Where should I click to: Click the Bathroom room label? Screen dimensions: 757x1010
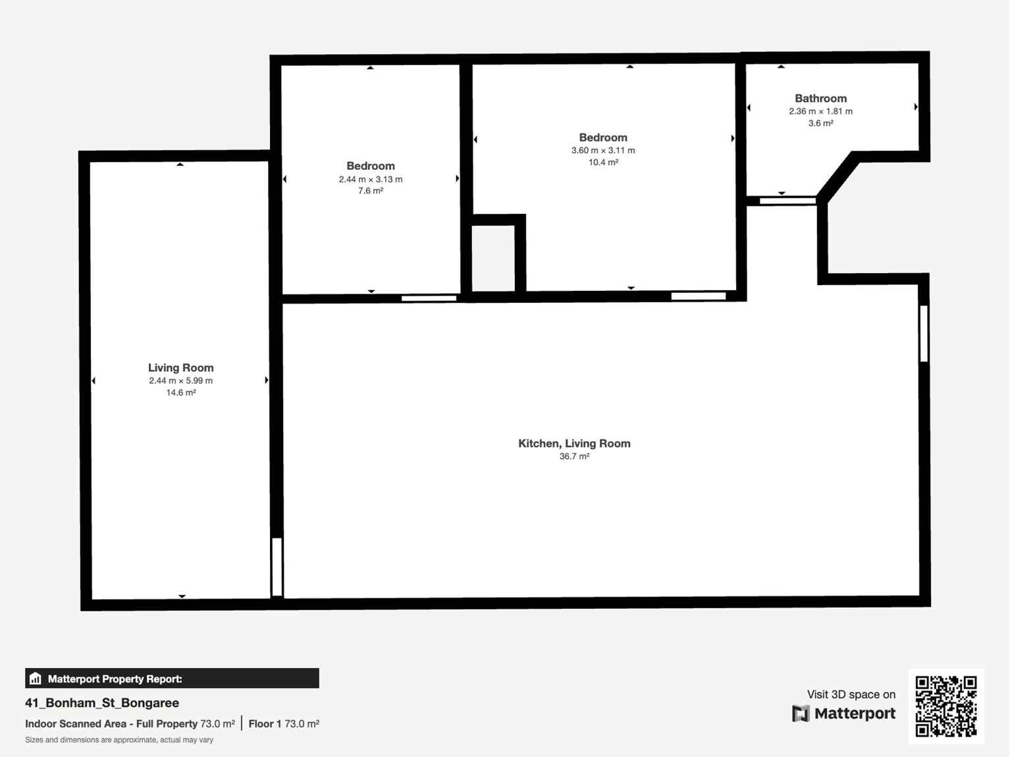click(820, 98)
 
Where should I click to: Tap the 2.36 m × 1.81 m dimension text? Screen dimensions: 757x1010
click(820, 111)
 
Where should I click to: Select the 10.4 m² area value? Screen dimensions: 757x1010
click(603, 162)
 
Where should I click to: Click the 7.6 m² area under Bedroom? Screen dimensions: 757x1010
click(371, 191)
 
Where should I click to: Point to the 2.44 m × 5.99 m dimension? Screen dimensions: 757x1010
click(180, 380)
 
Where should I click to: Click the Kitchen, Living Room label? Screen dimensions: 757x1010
click(574, 444)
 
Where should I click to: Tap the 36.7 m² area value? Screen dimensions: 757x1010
click(574, 456)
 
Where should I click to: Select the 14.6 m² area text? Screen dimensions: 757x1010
click(180, 392)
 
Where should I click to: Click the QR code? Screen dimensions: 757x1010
click(946, 706)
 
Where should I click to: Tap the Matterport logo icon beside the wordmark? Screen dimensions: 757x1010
click(800, 714)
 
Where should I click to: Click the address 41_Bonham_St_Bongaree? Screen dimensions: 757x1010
click(102, 703)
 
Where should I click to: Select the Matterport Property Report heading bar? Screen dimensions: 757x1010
click(172, 679)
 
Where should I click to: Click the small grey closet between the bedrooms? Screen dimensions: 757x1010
click(493, 257)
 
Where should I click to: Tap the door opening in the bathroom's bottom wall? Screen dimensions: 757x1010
click(787, 200)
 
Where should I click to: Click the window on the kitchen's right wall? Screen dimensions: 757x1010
click(924, 333)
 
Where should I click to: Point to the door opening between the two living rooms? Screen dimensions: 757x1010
click(277, 567)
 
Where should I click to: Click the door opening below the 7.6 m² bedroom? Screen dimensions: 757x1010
click(429, 298)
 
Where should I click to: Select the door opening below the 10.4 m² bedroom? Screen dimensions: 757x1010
click(698, 296)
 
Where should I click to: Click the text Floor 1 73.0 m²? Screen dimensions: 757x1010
click(284, 723)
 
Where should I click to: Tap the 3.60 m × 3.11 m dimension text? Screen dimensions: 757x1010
click(603, 150)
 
